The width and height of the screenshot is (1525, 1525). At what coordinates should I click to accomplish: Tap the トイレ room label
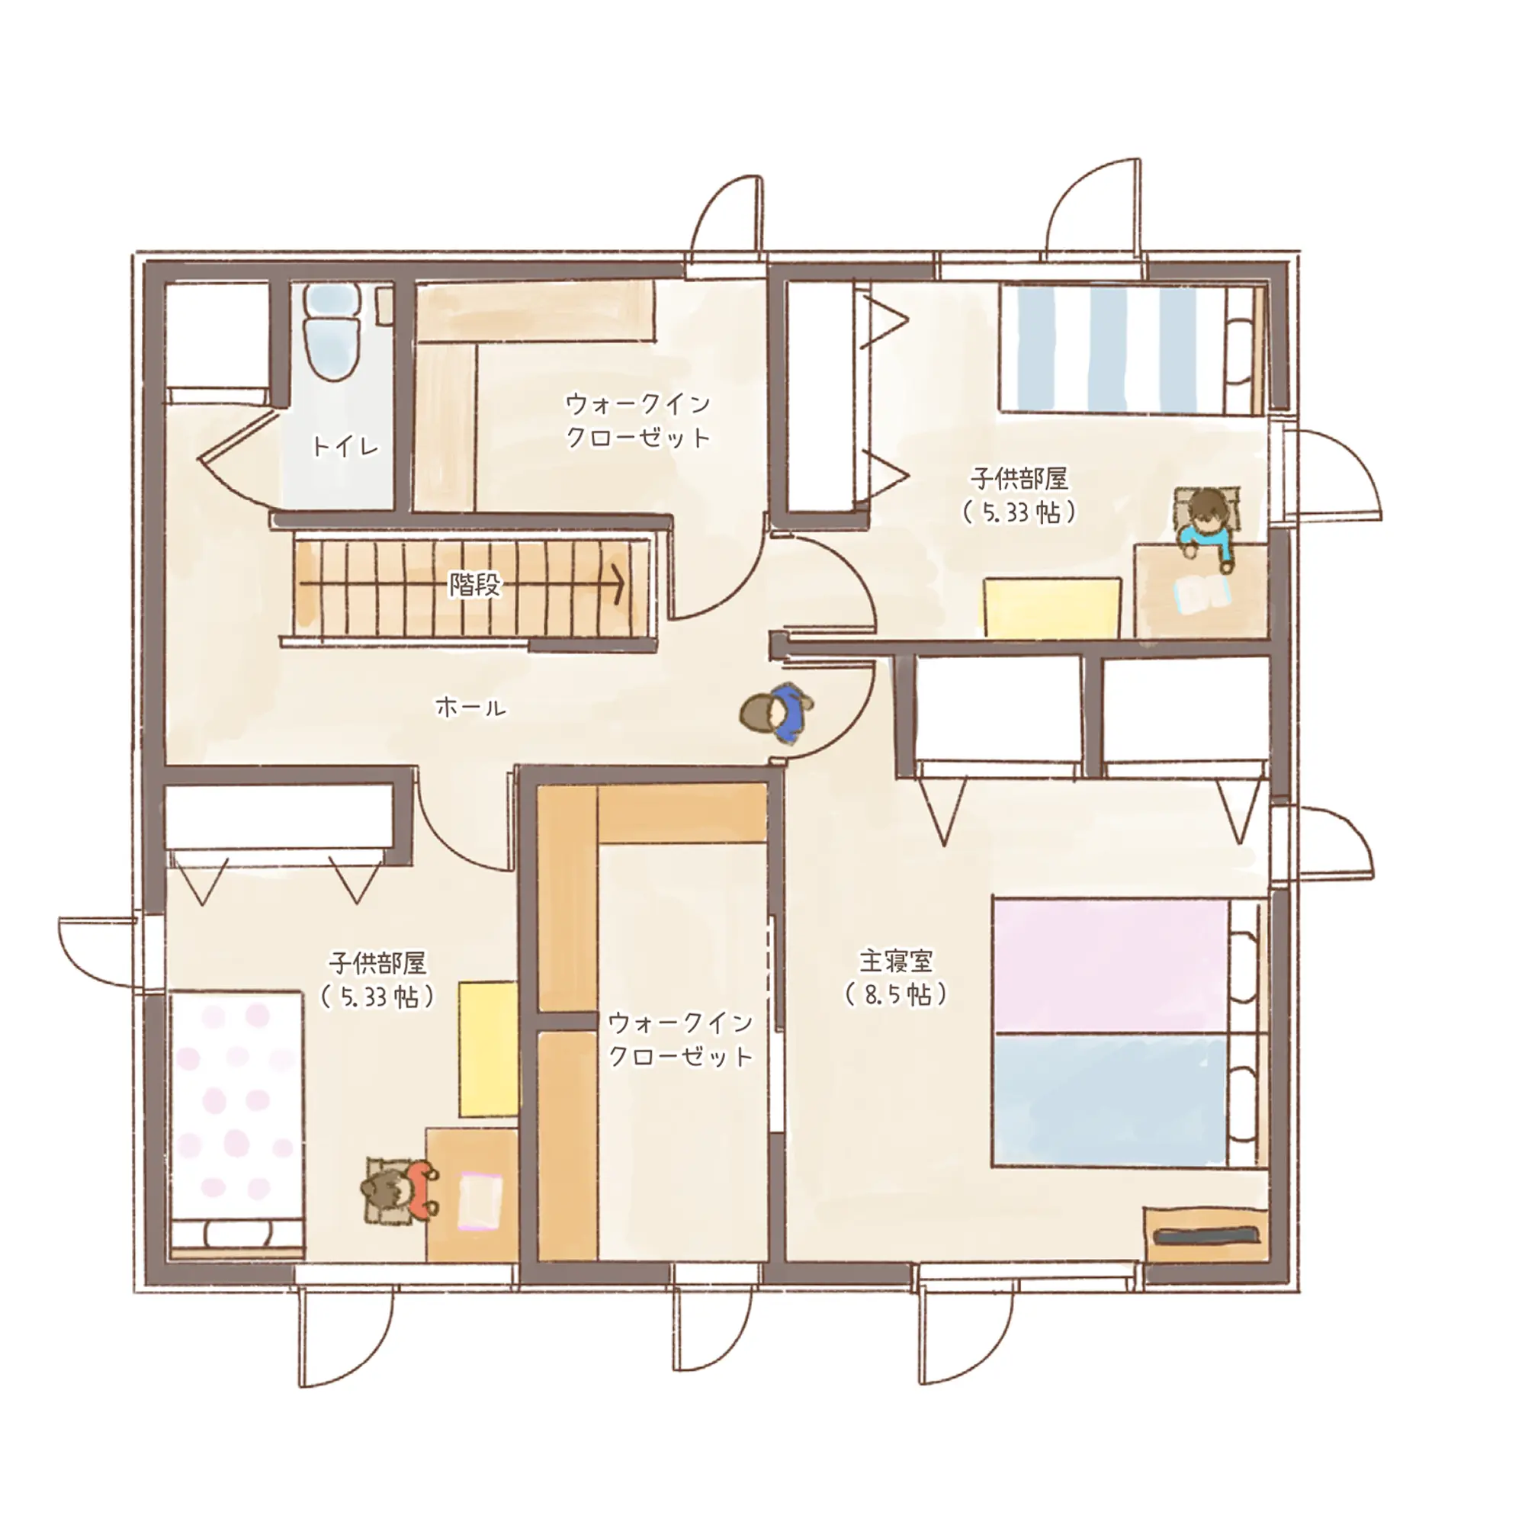click(x=345, y=447)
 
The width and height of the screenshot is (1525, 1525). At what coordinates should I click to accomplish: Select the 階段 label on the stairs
click(x=475, y=584)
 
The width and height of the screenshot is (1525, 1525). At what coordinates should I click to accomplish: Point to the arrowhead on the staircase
click(x=618, y=585)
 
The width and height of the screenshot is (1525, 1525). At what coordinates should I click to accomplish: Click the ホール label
click(x=471, y=708)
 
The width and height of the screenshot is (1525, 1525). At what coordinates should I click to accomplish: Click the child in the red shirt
click(x=400, y=1189)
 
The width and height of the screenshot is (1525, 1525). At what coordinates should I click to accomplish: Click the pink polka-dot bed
click(x=236, y=1122)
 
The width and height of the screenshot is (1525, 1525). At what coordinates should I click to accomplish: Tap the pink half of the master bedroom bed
click(x=1112, y=966)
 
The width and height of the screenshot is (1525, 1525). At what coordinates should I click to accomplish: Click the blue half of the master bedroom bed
click(x=1112, y=1100)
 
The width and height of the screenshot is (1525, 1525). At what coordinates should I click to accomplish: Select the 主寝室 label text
click(x=896, y=961)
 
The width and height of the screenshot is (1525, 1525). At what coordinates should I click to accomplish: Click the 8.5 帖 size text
click(x=896, y=994)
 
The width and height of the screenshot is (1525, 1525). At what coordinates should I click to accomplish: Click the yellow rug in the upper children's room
click(x=1052, y=608)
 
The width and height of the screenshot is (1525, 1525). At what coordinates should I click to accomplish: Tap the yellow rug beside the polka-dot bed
click(x=489, y=1049)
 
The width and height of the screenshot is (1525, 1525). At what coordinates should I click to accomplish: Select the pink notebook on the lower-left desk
click(x=480, y=1201)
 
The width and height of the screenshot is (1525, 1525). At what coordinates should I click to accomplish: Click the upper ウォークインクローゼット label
click(x=638, y=421)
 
